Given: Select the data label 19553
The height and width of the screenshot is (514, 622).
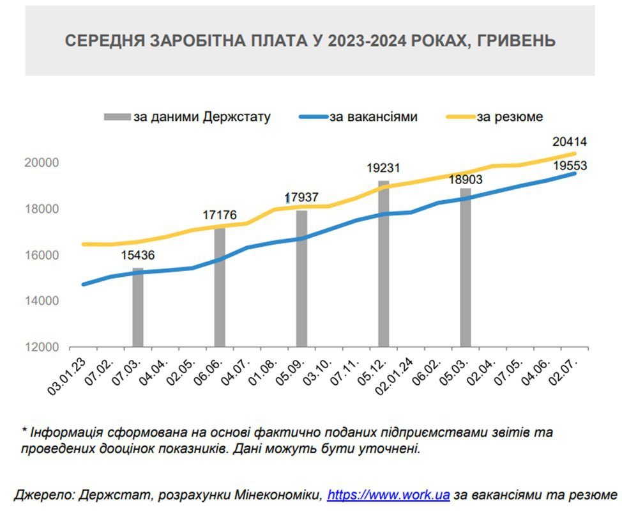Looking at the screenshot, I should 570,166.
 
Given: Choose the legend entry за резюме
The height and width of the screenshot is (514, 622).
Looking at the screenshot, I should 510,117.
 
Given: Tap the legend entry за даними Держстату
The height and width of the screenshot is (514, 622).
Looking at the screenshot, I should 202,117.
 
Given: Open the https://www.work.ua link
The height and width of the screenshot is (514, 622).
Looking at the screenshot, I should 388,495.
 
